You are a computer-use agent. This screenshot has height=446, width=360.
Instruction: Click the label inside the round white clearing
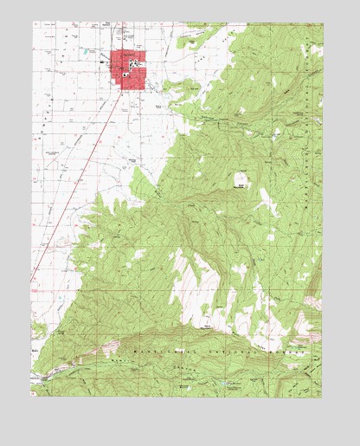coord(240,183)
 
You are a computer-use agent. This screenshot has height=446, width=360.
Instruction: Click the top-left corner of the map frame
coord(34,23)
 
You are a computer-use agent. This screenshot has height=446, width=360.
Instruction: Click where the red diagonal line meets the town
coord(120,87)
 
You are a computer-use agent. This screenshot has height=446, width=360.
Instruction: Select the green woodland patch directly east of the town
coord(186,87)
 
